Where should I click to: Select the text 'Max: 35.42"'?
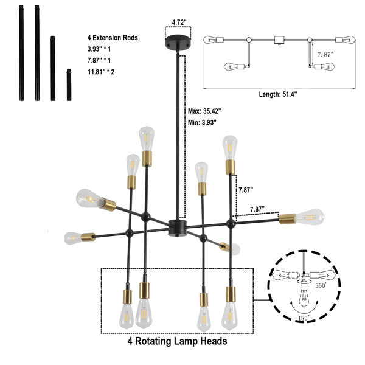pos(204,111)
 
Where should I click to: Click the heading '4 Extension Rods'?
pos(113,38)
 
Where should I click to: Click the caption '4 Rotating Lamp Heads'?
pos(177,341)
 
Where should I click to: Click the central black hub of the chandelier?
pos(176,228)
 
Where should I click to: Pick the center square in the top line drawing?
pos(279,40)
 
